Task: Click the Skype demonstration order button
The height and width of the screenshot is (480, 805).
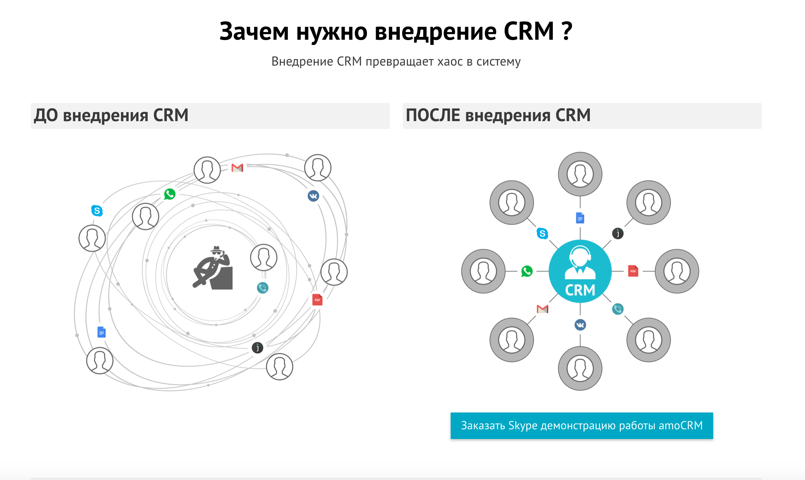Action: [x=581, y=425]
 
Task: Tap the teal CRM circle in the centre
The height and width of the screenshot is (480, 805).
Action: [x=580, y=271]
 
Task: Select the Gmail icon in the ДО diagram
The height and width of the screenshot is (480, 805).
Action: [x=237, y=168]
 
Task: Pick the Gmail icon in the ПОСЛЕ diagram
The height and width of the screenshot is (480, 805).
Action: [x=542, y=309]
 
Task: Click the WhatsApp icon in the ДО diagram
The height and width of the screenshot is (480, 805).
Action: [x=170, y=194]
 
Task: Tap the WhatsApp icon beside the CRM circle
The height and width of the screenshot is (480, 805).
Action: [x=527, y=271]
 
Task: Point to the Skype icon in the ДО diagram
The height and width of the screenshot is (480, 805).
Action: [x=97, y=211]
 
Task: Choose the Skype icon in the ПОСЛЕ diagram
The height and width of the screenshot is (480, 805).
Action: [x=542, y=233]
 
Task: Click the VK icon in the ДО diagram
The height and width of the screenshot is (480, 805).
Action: [x=313, y=196]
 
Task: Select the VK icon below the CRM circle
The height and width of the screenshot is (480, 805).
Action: [x=580, y=325]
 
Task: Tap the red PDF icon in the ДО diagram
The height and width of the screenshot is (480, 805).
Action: [x=317, y=299]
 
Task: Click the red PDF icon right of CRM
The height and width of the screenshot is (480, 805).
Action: [x=633, y=271]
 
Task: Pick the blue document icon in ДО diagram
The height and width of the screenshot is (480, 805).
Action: [x=101, y=332]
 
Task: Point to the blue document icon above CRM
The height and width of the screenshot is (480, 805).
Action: [x=580, y=218]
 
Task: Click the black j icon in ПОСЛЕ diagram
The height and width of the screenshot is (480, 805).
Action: [x=617, y=233]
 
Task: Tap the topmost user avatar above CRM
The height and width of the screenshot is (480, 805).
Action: [x=580, y=174]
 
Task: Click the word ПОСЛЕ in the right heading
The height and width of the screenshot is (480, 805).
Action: [x=433, y=115]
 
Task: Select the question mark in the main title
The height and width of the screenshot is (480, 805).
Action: [x=567, y=31]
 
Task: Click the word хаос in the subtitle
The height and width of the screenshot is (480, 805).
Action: [x=450, y=61]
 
